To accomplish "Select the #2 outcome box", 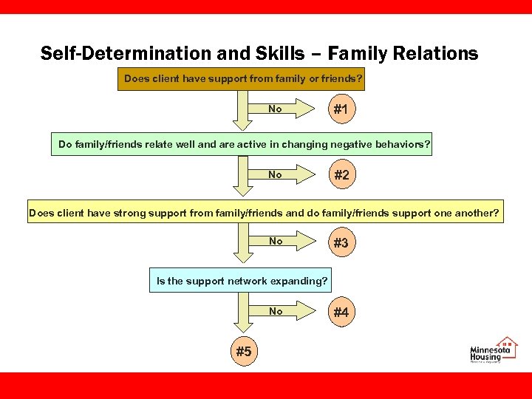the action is tap(341, 176).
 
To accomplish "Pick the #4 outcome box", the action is tap(341, 313).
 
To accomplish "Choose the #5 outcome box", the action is tap(243, 352).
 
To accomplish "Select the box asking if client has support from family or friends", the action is tap(243, 78).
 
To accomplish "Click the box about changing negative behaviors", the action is tap(244, 145).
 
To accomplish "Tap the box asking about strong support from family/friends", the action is tap(264, 214).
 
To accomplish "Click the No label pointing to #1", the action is tap(275, 109).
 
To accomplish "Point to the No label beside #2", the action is tap(275, 175).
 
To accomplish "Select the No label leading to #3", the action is tap(276, 242).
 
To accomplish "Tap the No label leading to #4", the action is tap(276, 312).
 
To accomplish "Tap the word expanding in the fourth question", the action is tap(299, 281).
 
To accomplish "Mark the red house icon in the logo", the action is tap(507, 344).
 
